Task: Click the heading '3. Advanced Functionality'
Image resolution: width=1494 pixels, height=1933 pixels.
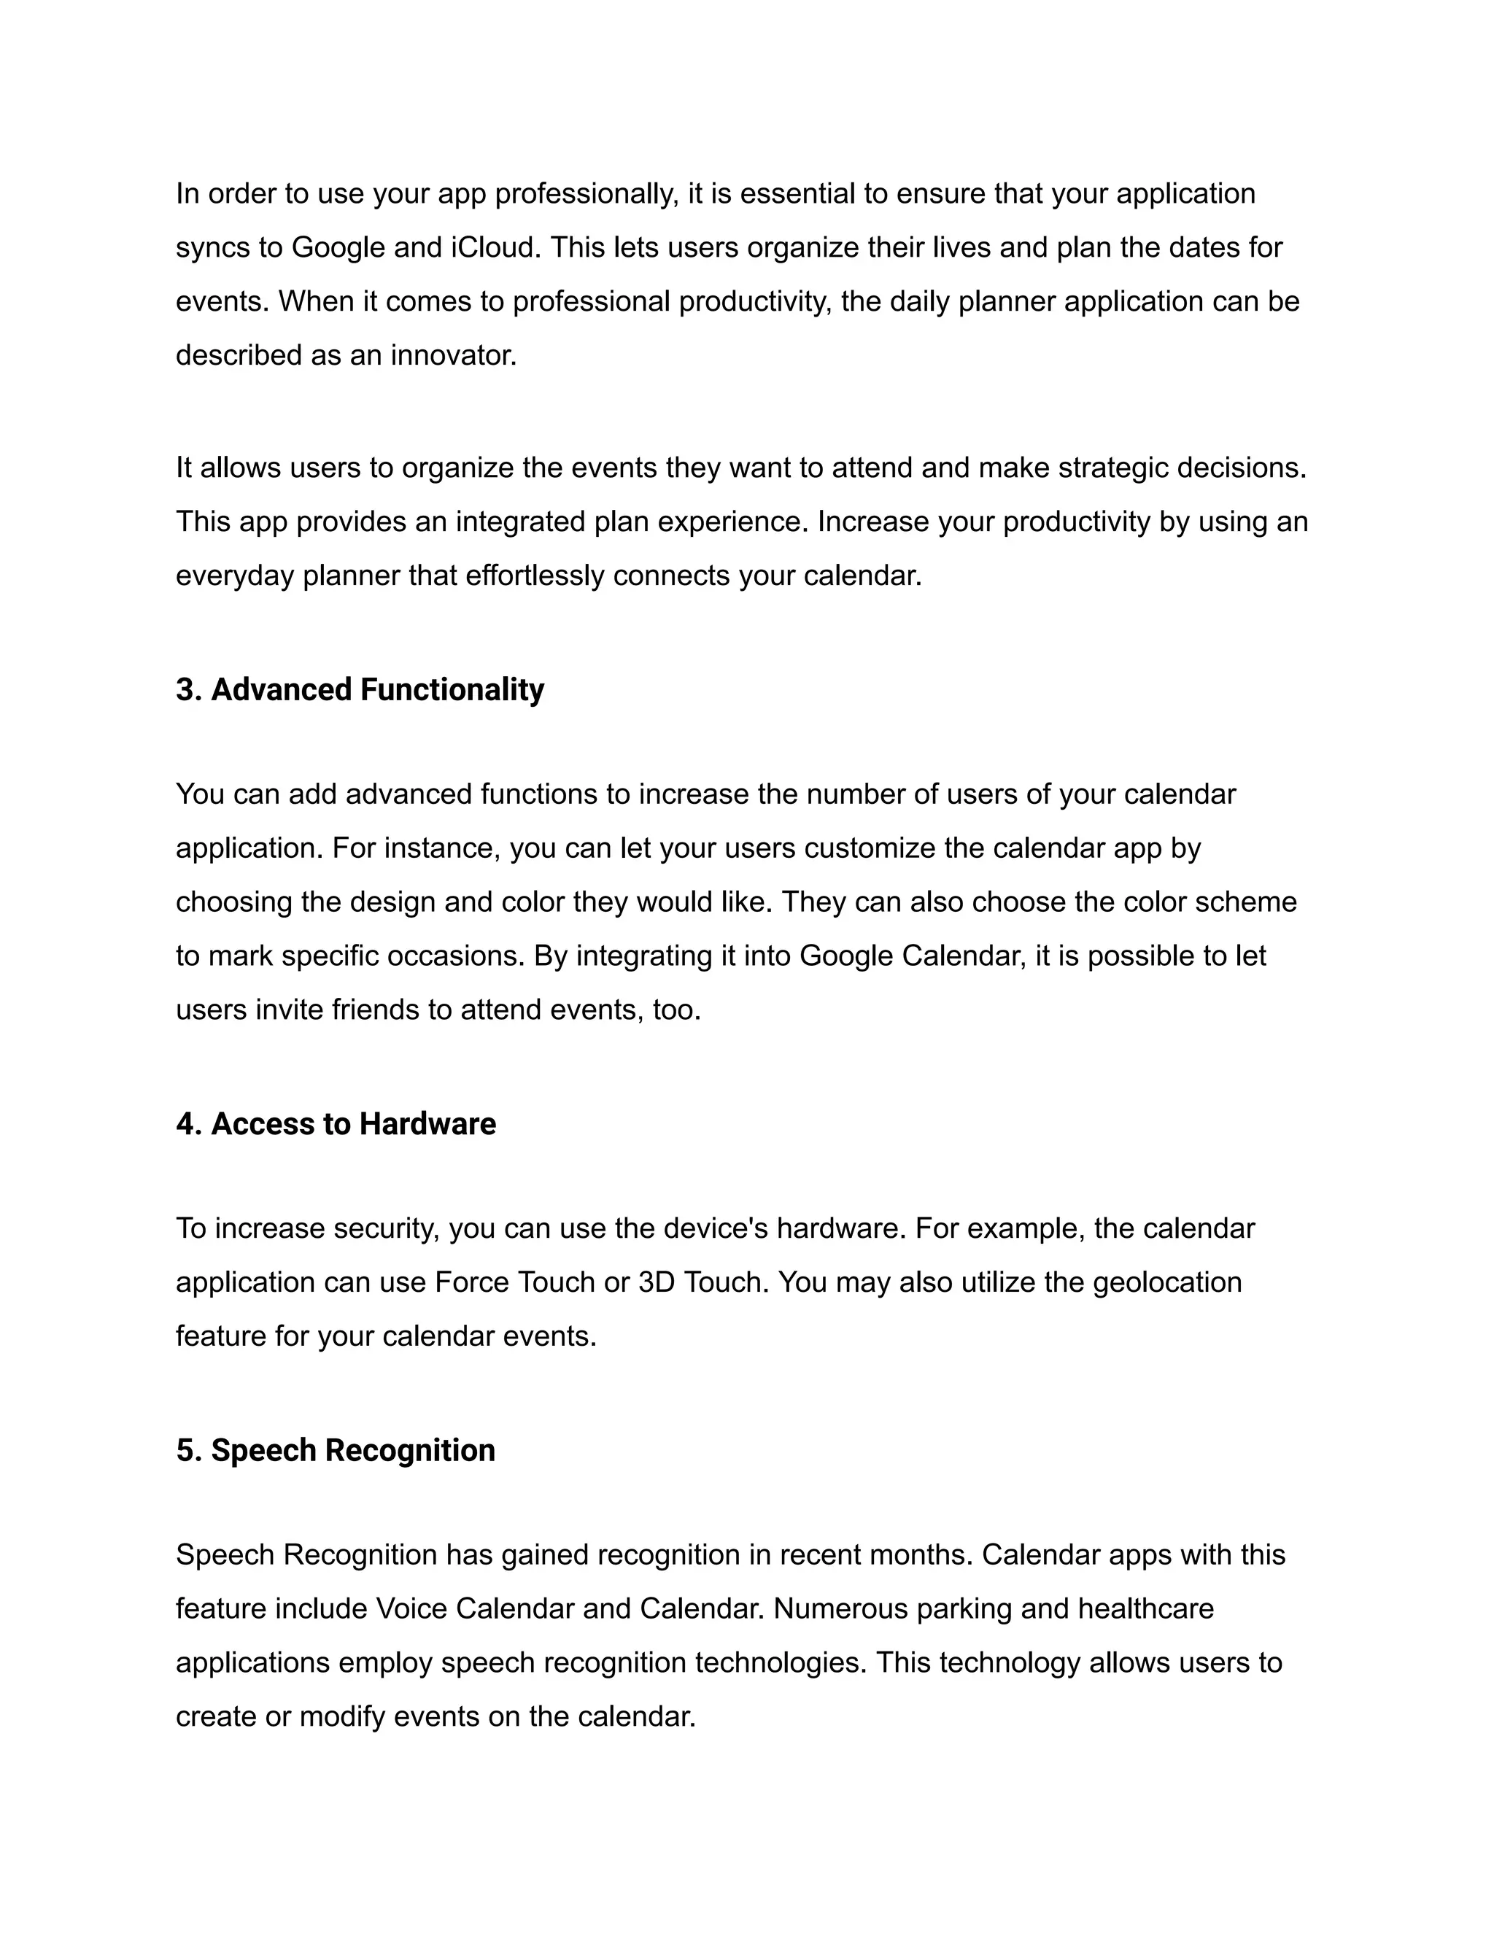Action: click(x=360, y=689)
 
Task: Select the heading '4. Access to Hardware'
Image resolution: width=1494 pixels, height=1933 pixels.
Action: click(x=336, y=1124)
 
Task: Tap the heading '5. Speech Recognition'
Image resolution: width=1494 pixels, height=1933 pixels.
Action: click(x=336, y=1451)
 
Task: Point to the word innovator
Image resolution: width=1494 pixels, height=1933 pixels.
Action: click(x=453, y=355)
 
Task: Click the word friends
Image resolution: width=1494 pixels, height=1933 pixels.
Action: click(x=375, y=1010)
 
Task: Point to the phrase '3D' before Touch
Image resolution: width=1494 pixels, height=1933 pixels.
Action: click(x=657, y=1282)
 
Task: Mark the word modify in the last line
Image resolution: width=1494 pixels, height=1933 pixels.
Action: click(x=343, y=1716)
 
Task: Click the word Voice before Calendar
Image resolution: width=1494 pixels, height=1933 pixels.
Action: click(x=411, y=1608)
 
